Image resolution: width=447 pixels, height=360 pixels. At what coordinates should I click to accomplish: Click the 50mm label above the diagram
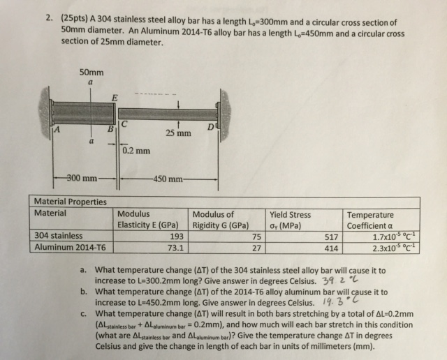tap(91, 71)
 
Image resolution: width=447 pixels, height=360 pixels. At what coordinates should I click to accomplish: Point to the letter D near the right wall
tap(212, 125)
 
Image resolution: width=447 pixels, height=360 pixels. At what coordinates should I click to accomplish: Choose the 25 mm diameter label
tap(178, 133)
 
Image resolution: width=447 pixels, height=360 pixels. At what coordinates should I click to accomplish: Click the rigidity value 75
tap(256, 236)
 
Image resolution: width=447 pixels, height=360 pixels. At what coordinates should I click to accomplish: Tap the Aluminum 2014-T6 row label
tap(70, 246)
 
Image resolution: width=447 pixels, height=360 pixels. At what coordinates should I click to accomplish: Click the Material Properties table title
tap(71, 202)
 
